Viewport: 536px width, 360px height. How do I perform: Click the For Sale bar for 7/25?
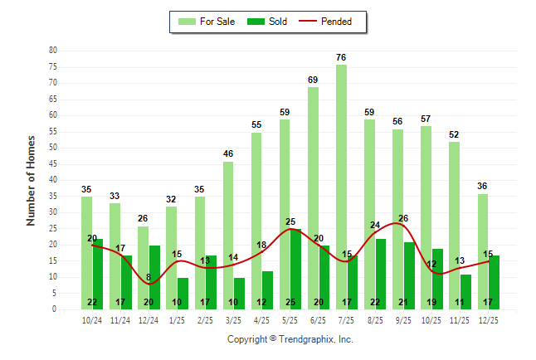click(x=341, y=187)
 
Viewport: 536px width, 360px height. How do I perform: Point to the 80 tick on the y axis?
click(x=53, y=50)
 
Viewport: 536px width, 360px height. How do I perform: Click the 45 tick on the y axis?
click(x=53, y=163)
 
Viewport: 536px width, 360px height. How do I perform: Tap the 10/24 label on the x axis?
click(x=92, y=319)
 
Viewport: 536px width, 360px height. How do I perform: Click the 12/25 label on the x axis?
click(x=489, y=319)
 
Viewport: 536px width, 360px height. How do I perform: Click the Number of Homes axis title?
click(x=32, y=180)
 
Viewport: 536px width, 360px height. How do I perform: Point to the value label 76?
click(x=341, y=57)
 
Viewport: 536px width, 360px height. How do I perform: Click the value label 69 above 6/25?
click(x=313, y=80)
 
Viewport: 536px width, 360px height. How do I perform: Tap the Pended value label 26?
click(x=403, y=219)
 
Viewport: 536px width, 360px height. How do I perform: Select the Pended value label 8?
click(x=148, y=278)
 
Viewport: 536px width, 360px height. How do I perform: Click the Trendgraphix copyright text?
click(x=290, y=339)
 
